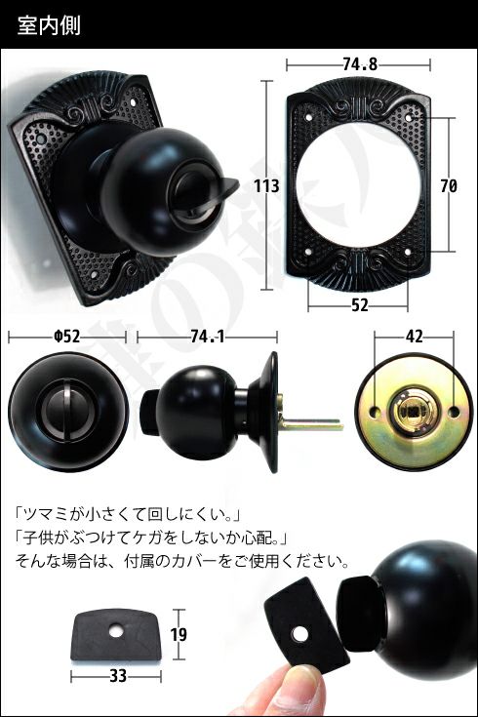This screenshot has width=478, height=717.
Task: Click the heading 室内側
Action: click(49, 25)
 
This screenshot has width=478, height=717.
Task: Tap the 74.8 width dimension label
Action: click(360, 64)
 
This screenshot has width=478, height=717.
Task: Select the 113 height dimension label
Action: click(266, 186)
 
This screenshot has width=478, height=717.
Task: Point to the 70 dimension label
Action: click(449, 186)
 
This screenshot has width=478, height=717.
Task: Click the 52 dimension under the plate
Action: click(360, 305)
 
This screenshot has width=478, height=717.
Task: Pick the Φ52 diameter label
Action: click(66, 337)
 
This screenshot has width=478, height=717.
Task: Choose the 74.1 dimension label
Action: click(208, 337)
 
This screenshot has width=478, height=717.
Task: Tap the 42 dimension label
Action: click(414, 337)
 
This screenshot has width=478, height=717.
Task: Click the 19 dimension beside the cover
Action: click(179, 635)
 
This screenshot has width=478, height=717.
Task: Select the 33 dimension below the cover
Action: click(118, 676)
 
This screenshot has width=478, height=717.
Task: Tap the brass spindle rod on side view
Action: click(310, 424)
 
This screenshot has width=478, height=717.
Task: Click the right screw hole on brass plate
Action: click(454, 412)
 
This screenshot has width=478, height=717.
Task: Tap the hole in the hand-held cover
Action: click(300, 634)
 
